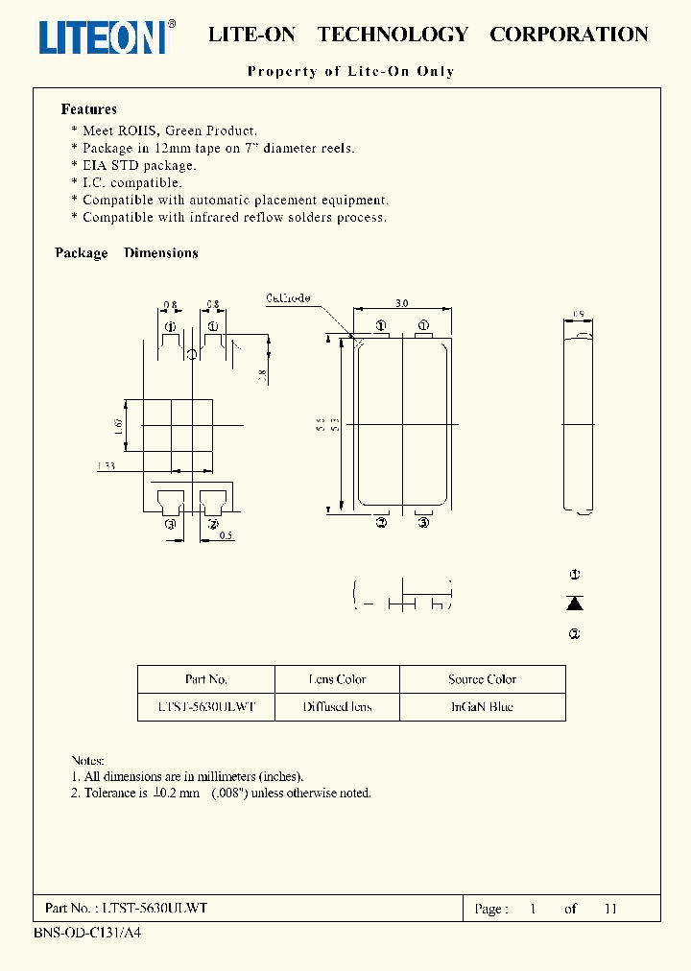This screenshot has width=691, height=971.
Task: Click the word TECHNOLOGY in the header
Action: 393,35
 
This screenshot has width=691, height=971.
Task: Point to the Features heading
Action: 88,109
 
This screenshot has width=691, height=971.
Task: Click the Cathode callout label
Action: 288,298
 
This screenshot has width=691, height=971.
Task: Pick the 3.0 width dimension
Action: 401,302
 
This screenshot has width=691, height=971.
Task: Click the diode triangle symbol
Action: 575,603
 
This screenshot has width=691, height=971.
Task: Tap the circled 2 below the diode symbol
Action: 575,633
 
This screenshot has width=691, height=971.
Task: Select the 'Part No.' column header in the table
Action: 206,679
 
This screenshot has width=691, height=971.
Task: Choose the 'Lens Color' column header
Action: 337,679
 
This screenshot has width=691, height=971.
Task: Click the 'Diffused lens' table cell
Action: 337,707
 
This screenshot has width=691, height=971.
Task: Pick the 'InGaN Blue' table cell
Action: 482,707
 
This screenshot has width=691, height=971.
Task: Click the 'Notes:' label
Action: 88,759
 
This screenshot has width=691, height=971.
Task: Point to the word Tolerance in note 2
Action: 111,793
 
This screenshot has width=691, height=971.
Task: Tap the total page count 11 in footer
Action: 610,909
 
